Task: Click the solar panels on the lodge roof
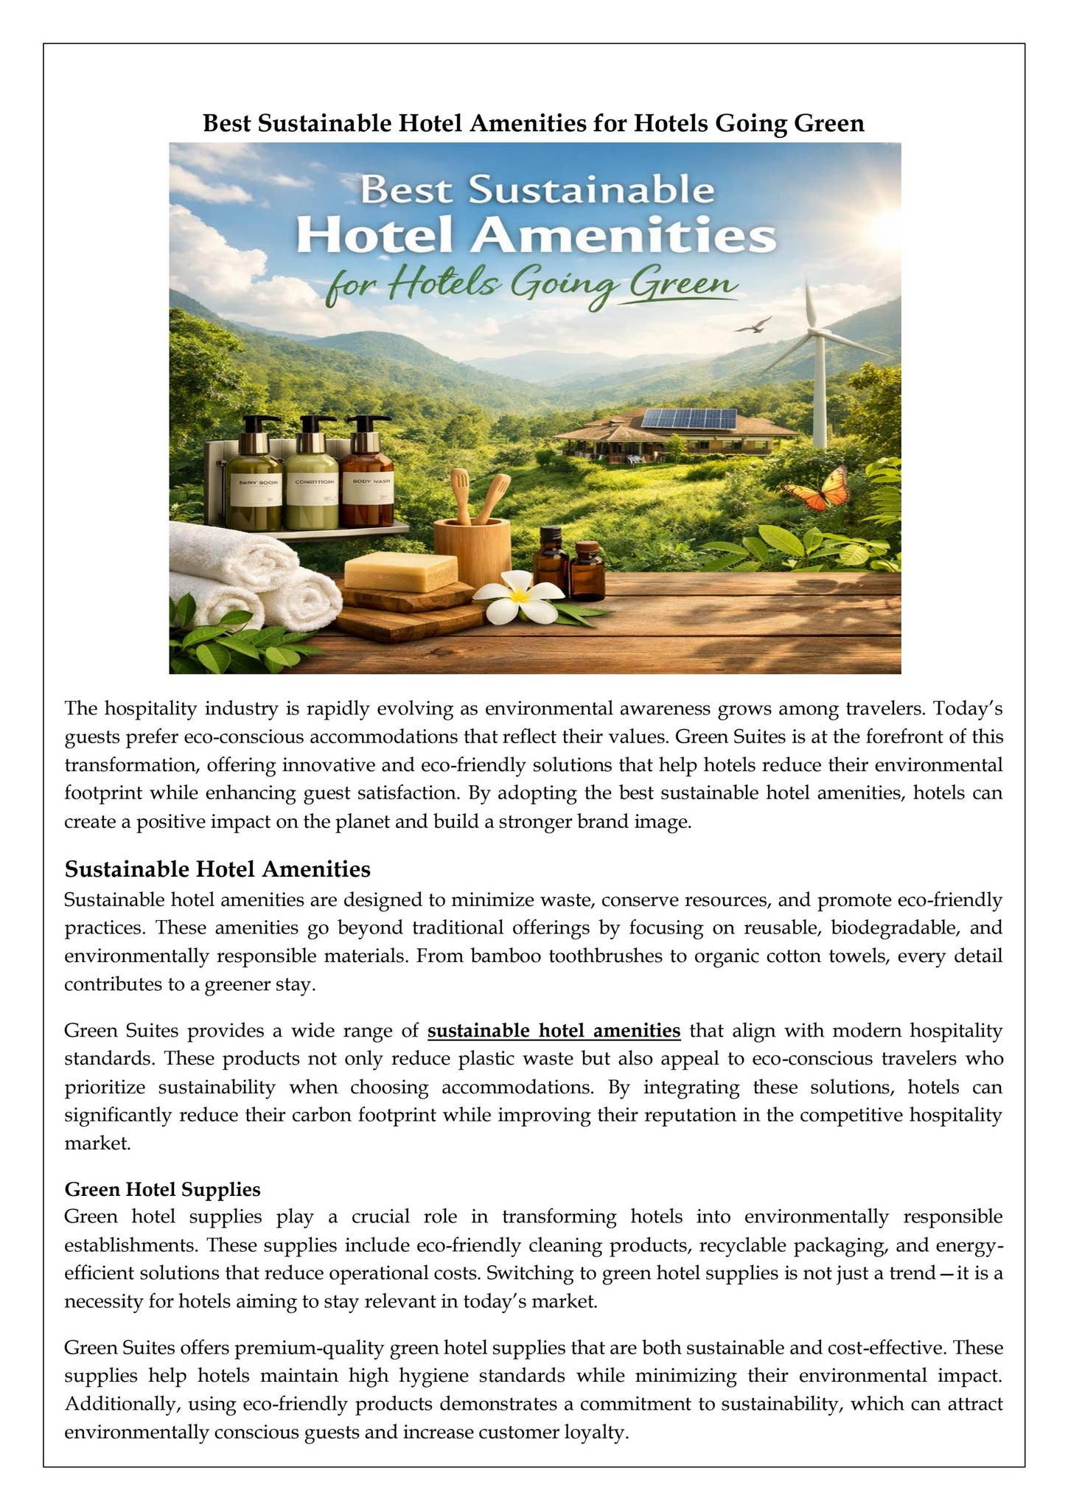click(x=688, y=419)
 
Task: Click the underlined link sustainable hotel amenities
click(x=554, y=1030)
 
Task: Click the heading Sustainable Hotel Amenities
click(x=217, y=869)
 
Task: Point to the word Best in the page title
click(x=228, y=123)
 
